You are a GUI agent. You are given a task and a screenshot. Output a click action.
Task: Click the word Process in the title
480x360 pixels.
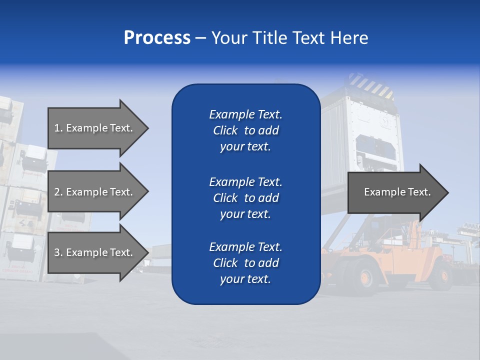(157, 38)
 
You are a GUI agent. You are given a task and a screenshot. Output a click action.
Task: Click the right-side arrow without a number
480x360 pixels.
(395, 192)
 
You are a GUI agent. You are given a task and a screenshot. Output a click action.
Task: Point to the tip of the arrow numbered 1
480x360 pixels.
(147, 128)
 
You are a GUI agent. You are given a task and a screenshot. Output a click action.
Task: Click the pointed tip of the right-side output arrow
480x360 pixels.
(447, 192)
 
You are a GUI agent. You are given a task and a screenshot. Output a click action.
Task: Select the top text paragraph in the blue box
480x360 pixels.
(245, 130)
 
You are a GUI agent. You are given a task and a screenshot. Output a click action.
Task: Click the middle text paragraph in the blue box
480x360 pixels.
(245, 198)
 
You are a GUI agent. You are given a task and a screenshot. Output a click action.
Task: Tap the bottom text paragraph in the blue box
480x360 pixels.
(245, 263)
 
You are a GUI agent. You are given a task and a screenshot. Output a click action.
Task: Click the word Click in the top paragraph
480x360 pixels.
(225, 130)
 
